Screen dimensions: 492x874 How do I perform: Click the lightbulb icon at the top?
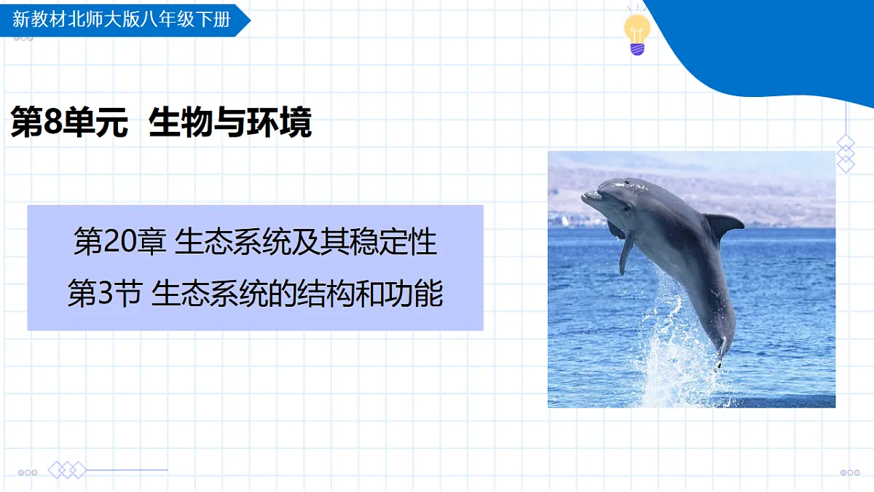tap(637, 34)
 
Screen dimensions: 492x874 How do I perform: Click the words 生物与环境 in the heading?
tap(229, 122)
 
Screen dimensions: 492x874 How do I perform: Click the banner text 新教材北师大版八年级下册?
tap(121, 19)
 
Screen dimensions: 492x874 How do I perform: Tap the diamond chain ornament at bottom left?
tap(67, 470)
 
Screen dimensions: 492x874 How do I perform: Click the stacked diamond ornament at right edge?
tap(845, 153)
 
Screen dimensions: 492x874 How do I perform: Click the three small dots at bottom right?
tap(849, 472)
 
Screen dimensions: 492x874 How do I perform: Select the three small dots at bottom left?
tap(28, 472)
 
